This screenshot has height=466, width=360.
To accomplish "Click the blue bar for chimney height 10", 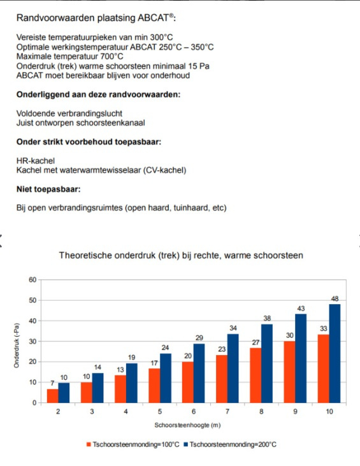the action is click(335, 353).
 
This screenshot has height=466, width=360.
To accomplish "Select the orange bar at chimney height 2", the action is click(53, 396).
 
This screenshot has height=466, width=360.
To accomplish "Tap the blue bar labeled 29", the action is click(199, 374).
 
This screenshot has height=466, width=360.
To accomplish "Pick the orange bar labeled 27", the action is click(256, 375).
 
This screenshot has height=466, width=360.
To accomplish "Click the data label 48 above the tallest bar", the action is click(335, 299).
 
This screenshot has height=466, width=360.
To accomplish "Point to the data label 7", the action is click(53, 383).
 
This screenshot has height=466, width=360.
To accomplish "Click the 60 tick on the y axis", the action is click(32, 280).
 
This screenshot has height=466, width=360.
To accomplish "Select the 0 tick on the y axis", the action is click(34, 403).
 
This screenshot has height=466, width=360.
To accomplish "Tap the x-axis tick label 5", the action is click(160, 412).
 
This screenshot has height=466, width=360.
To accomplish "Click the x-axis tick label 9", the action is click(295, 412).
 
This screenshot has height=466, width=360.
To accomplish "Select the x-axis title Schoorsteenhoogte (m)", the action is click(187, 425).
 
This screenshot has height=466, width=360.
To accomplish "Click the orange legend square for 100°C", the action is click(89, 444).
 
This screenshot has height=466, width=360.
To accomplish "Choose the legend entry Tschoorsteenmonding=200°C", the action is click(231, 444).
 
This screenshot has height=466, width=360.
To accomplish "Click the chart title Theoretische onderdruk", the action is click(181, 255).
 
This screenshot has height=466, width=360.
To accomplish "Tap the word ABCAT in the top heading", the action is click(153, 18).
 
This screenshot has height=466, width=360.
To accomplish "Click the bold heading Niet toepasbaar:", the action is click(48, 189).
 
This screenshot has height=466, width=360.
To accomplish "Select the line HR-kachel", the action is click(36, 161).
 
